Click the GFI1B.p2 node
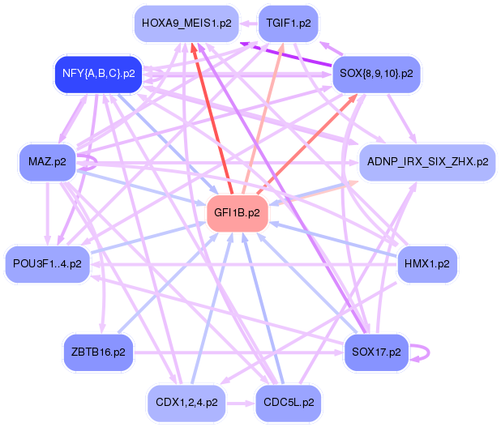coord(237,213)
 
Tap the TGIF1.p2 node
coord(288,23)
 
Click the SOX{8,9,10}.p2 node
coord(376,73)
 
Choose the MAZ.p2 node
coord(46,161)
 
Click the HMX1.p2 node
coord(428,263)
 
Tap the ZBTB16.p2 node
coord(97,352)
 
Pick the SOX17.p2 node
coord(376,352)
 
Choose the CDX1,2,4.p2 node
coord(186,402)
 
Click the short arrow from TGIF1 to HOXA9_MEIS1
coord(246,23)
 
